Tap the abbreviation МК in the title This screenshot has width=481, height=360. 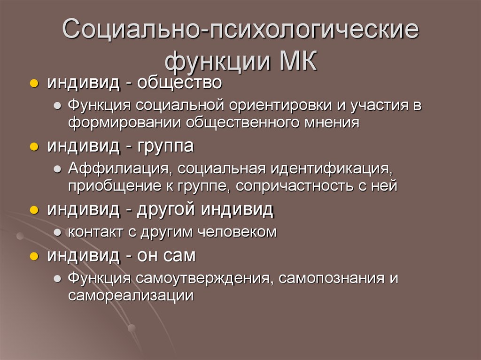pyautogui.click(x=299, y=61)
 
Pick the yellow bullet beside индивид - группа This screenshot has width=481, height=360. pyautogui.click(x=34, y=147)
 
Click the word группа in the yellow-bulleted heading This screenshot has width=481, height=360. pyautogui.click(x=165, y=146)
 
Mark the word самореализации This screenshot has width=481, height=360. pyautogui.click(x=131, y=295)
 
